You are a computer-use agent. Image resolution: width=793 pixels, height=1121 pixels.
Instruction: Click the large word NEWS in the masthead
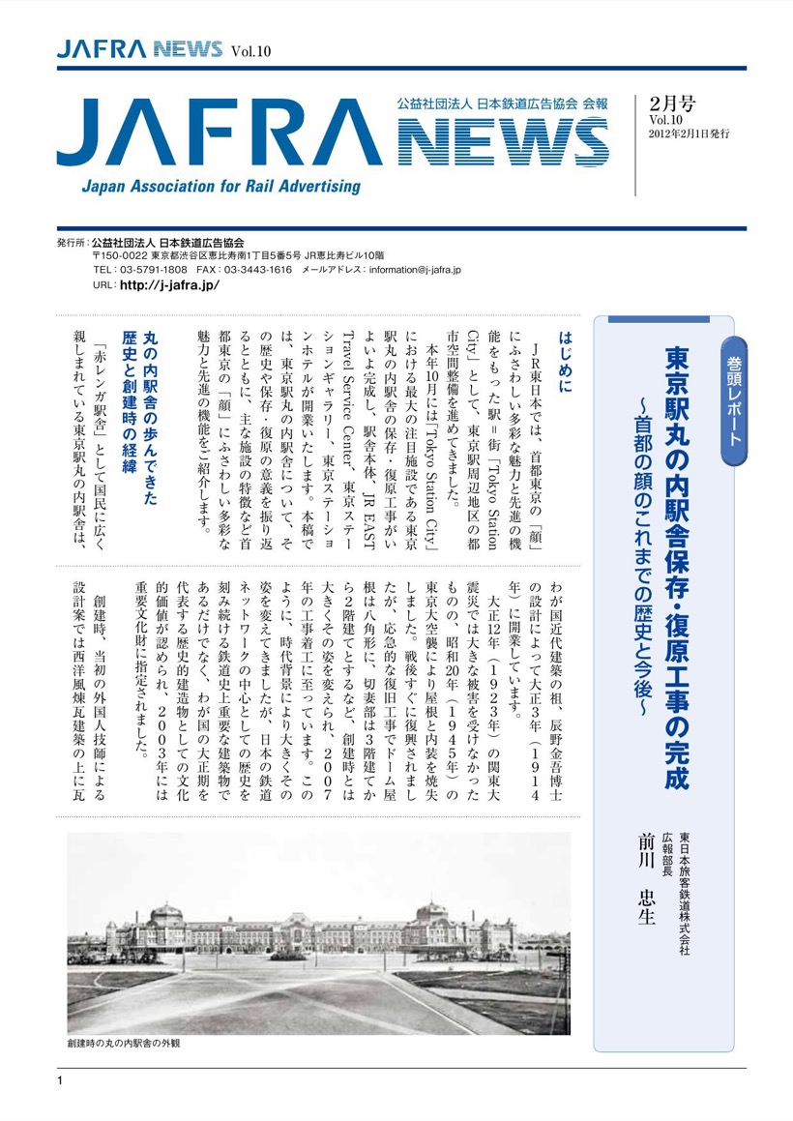(503, 142)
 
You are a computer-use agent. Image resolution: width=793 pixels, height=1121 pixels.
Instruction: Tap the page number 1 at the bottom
(60, 1080)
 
